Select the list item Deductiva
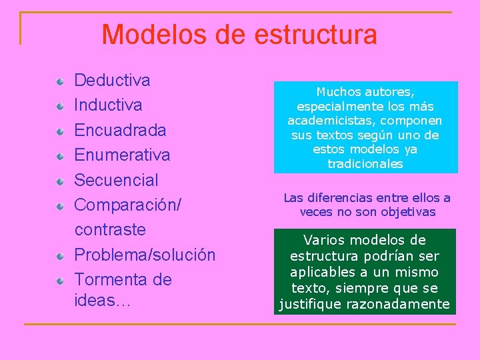tap(112, 81)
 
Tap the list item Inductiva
tap(108, 105)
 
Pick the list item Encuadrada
tap(120, 130)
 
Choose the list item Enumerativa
tap(122, 155)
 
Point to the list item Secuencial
tap(116, 180)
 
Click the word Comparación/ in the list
tap(127, 205)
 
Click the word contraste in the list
tap(110, 229)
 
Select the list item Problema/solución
tap(145, 255)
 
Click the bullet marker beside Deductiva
tap(61, 81)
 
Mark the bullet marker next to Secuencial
tap(61, 181)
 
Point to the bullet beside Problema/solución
tap(61, 255)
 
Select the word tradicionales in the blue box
tap(365, 164)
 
